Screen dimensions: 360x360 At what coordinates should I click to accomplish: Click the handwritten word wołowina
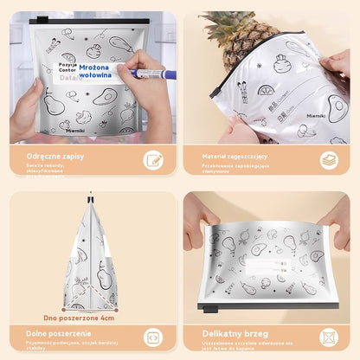click(95, 75)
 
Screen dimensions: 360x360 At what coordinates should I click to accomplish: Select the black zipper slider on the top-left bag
click(34, 21)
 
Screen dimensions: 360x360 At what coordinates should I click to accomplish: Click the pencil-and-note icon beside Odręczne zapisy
click(153, 160)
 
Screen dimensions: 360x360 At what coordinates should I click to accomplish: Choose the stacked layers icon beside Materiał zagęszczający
click(329, 160)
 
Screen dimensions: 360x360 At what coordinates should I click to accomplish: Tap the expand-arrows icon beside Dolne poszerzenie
click(153, 337)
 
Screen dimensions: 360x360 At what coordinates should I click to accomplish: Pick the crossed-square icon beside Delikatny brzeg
click(329, 337)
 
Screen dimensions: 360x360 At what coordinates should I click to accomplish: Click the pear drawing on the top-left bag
click(54, 102)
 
